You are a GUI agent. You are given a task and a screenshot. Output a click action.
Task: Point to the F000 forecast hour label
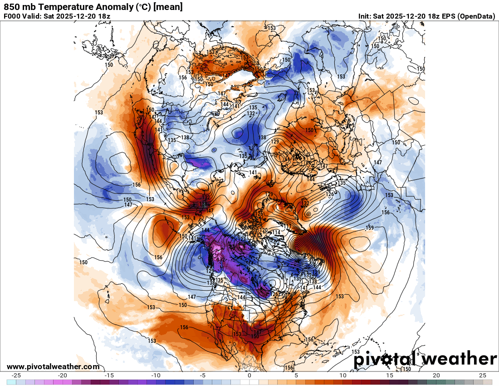[x=12, y=16]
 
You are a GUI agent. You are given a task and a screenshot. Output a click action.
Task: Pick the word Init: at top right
[x=365, y=16]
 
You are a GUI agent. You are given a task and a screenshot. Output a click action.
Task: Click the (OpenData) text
[x=476, y=16]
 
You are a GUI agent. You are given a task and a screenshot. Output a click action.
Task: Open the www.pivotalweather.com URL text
[x=53, y=366]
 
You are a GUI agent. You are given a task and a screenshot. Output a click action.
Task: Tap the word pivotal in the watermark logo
[x=386, y=359]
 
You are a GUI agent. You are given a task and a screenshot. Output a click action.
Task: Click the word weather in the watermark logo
[x=459, y=359]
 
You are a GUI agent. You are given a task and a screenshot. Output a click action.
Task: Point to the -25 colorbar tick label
[x=16, y=376]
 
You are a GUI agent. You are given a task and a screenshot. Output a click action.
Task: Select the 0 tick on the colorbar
[x=249, y=376]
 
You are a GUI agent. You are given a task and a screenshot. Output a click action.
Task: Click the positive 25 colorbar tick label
[x=483, y=376]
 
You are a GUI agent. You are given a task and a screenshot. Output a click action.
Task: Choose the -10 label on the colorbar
[x=156, y=376]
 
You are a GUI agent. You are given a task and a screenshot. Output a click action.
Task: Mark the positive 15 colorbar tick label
[x=389, y=376]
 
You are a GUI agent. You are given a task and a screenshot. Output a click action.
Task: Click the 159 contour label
[x=370, y=227]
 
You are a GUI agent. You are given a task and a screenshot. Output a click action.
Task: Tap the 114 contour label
[x=276, y=233]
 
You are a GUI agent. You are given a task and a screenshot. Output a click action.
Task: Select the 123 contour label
[x=242, y=239]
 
